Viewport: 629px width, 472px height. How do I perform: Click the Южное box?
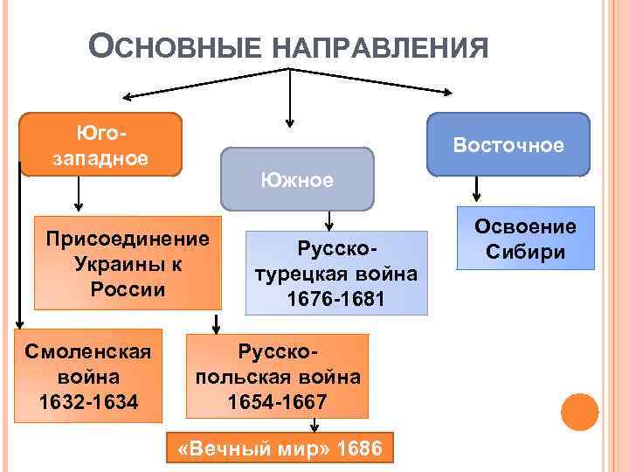296,180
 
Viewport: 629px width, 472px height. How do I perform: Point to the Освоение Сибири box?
525,239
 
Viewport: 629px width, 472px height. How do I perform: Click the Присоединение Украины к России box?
128,262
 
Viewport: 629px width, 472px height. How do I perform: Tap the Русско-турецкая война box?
335,274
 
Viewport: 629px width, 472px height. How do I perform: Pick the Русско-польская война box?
277,377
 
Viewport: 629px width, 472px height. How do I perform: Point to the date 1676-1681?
335,299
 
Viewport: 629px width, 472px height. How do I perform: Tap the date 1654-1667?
277,402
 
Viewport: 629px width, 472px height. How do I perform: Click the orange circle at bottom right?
579,412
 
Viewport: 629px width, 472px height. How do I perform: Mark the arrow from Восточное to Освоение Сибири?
476,189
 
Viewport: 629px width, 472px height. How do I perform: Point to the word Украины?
128,262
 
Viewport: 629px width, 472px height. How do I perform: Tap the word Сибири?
525,253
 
